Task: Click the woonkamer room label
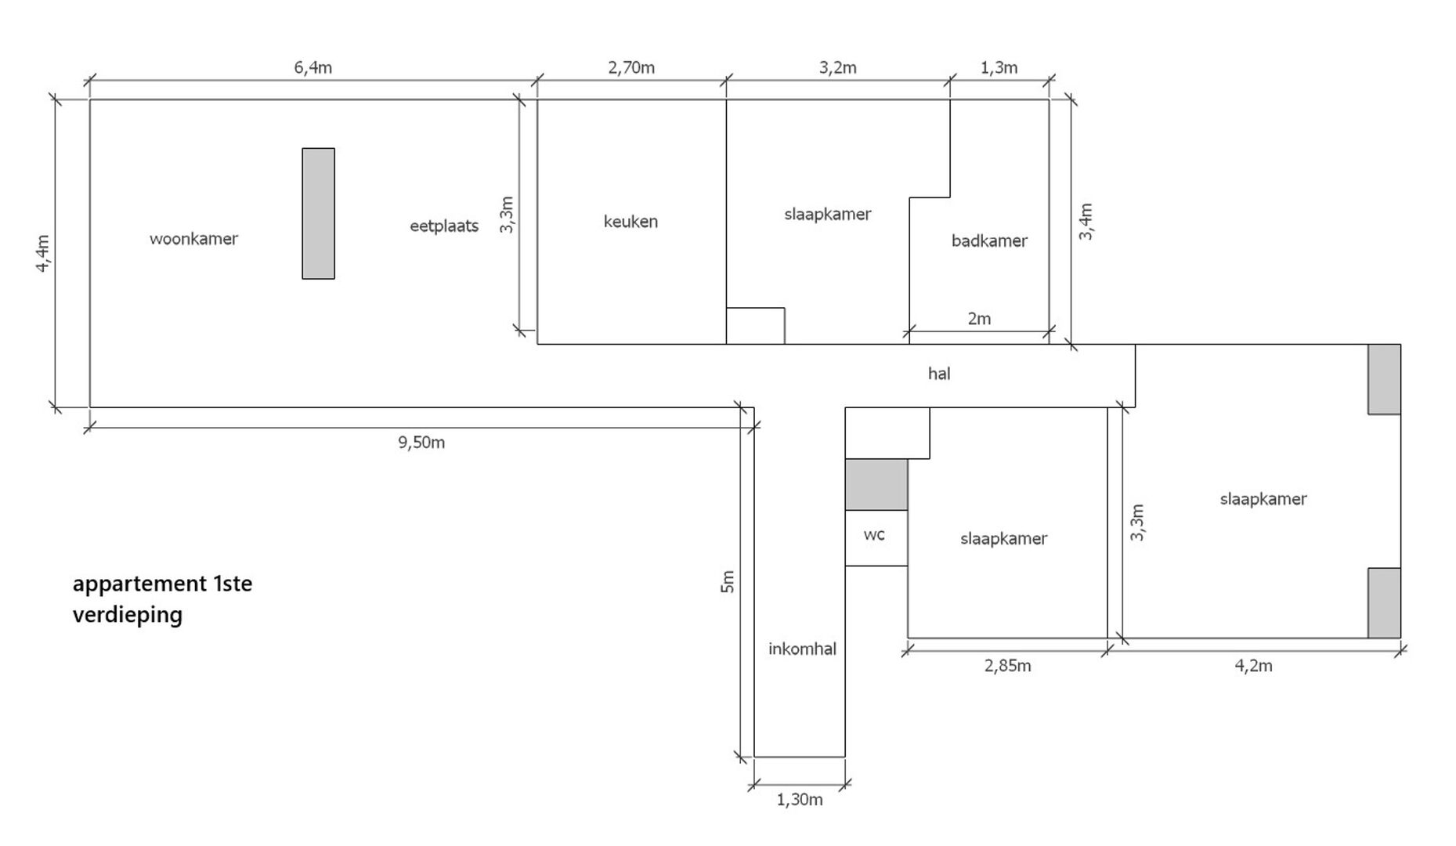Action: pos(193,239)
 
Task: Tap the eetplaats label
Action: pos(444,226)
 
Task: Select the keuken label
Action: pos(630,222)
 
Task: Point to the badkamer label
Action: pos(989,240)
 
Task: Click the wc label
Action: pos(874,535)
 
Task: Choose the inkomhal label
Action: pos(802,649)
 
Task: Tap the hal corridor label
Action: pos(939,374)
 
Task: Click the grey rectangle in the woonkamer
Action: pos(319,213)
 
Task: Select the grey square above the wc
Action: pos(876,484)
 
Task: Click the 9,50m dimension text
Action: pos(421,443)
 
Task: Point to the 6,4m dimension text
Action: pos(313,67)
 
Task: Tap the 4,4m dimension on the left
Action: pos(43,254)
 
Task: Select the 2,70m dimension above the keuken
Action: pos(631,67)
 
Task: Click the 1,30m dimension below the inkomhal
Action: pos(800,800)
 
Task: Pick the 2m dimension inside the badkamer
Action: pos(979,319)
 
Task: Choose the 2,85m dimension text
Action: pos(1008,666)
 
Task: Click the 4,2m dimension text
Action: pos(1254,666)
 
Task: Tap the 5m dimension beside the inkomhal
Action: pos(728,581)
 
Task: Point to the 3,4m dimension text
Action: pos(1086,222)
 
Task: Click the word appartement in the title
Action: pos(139,584)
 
